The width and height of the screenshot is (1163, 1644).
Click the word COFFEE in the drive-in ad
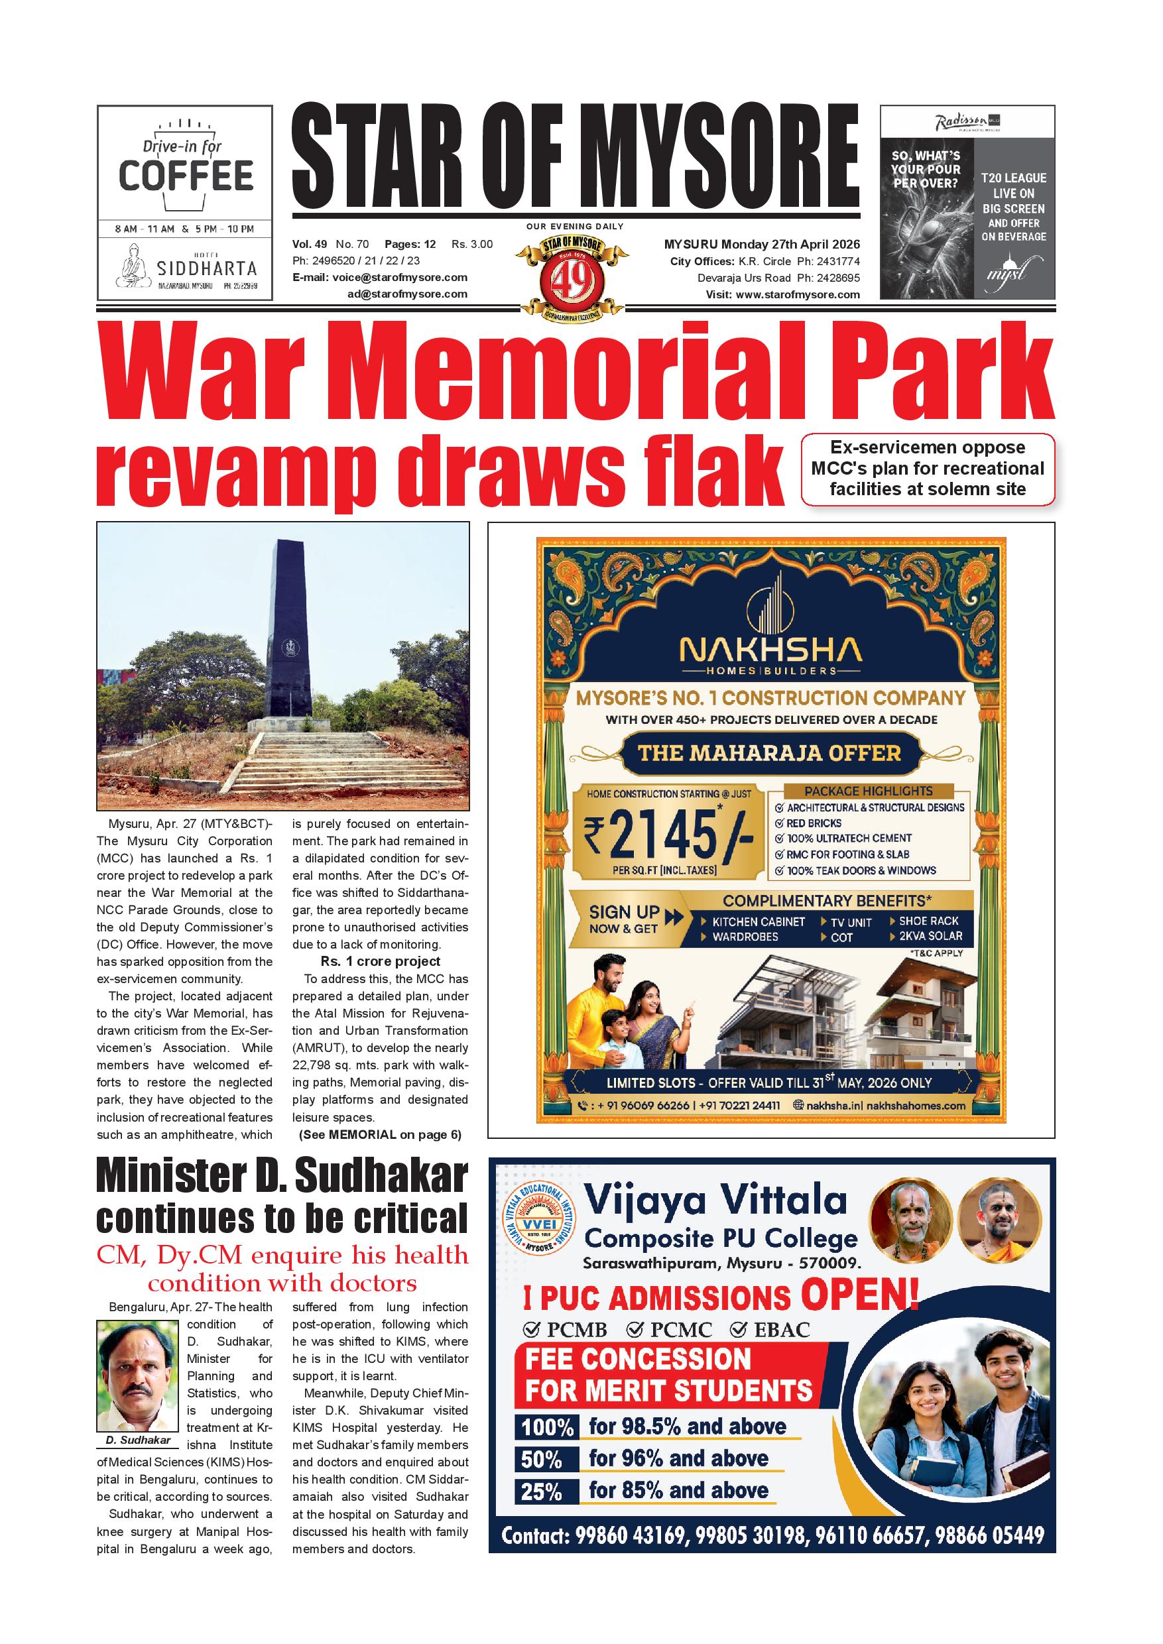click(186, 176)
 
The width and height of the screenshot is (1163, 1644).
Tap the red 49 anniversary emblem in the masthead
click(574, 276)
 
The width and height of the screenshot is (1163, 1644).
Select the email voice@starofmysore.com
click(400, 278)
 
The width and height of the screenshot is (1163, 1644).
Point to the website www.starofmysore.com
click(797, 294)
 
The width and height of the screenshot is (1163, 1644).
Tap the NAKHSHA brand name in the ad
click(770, 650)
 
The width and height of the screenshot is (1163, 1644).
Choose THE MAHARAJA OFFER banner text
click(769, 753)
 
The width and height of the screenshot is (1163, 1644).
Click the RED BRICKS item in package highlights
click(814, 823)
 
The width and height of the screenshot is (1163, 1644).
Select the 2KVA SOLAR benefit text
click(930, 936)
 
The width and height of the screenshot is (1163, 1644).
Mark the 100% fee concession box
click(547, 1427)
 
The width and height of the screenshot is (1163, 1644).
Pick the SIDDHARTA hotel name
click(206, 268)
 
